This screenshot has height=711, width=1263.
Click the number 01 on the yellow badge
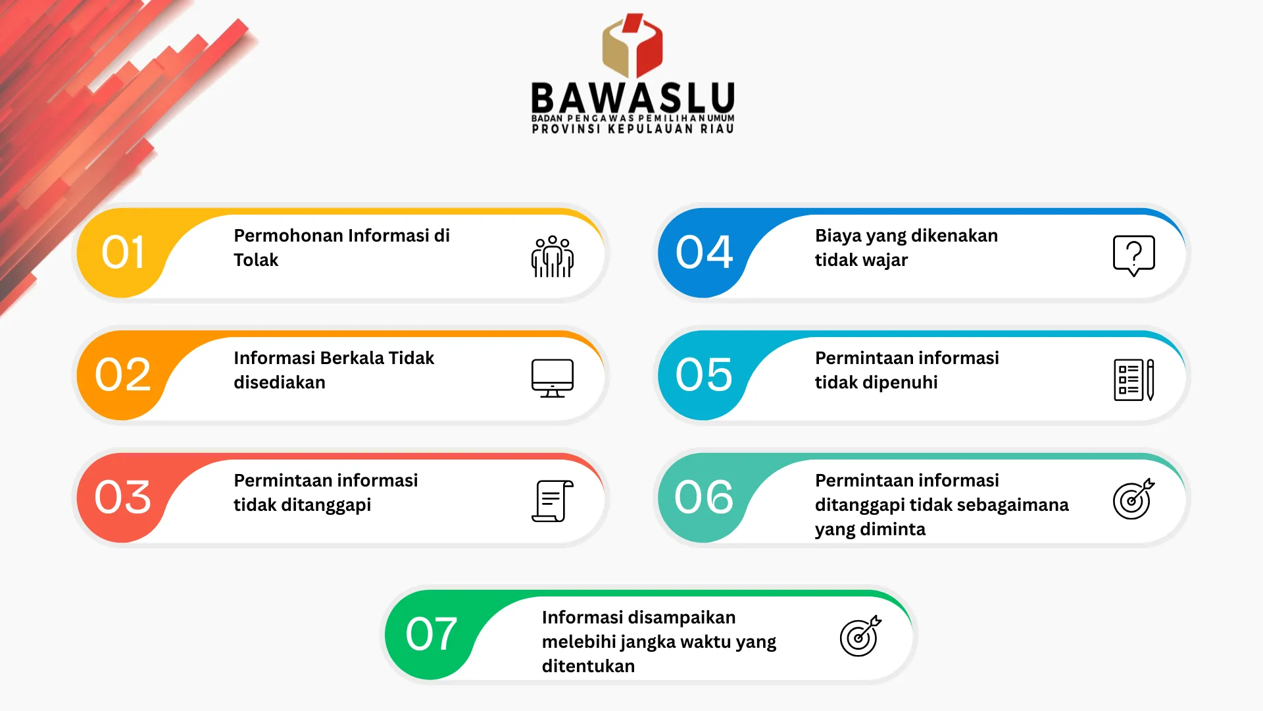(122, 252)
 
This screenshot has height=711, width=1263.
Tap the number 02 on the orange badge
(122, 375)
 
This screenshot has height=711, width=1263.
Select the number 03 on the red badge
(122, 497)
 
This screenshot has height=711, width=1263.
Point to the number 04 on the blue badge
(704, 252)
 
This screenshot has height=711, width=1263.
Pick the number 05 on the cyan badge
(704, 375)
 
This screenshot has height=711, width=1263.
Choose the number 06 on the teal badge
(704, 497)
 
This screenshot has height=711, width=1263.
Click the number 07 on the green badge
(431, 634)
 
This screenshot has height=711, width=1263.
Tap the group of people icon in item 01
(553, 256)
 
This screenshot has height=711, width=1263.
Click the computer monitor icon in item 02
(553, 379)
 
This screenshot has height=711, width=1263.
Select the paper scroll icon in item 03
(553, 501)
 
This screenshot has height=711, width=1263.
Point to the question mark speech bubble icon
(1134, 255)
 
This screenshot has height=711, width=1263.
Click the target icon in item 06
(1133, 499)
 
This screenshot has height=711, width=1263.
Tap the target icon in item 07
(860, 636)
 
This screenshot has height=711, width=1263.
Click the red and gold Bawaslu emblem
(632, 46)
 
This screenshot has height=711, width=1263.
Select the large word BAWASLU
(633, 99)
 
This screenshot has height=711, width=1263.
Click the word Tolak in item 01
(256, 260)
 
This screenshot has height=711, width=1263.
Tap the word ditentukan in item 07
(588, 666)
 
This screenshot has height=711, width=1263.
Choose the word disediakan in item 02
(280, 382)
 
